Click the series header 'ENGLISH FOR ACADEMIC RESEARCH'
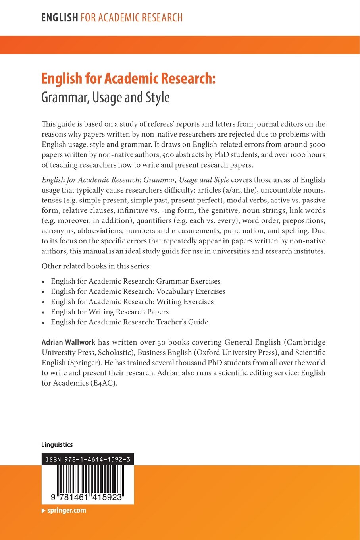pos(112,18)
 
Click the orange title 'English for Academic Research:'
pos(128,79)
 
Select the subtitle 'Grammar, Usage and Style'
pos(106,97)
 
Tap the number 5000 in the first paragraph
pos(317,145)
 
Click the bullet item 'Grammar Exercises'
pos(135,281)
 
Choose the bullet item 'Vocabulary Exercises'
pos(138,291)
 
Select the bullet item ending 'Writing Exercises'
pos(132,302)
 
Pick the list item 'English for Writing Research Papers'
pos(110,312)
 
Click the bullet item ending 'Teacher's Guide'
pos(129,322)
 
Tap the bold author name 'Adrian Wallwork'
pos(68,342)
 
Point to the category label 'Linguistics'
pos(57,445)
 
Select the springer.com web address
pos(66,511)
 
